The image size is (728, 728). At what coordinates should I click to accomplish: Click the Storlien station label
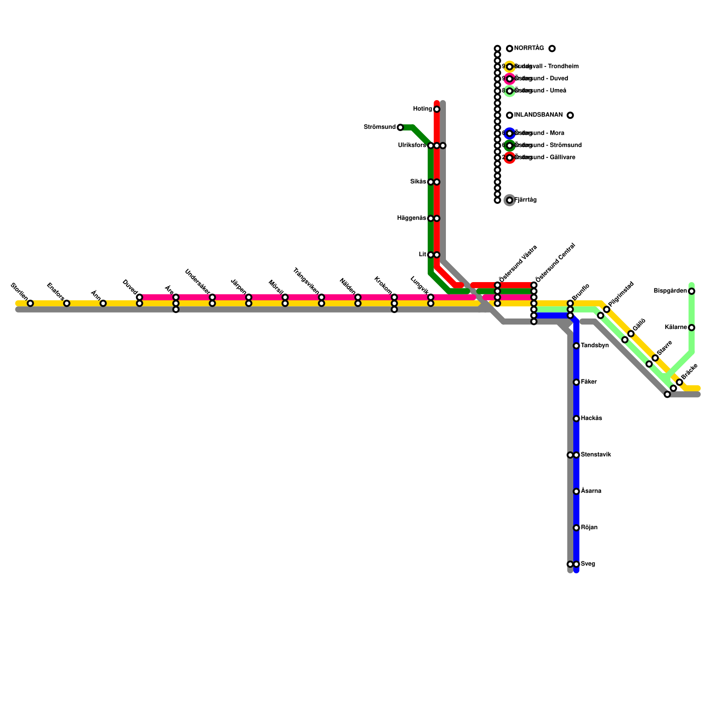[x=19, y=289]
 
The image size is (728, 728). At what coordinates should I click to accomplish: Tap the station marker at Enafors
[x=66, y=303]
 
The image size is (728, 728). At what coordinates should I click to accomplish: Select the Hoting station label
[x=422, y=109]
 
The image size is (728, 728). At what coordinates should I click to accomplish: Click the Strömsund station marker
[x=400, y=127]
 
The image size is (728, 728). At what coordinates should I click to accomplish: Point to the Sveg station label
[x=588, y=564]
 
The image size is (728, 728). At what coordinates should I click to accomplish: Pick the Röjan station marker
[x=576, y=528]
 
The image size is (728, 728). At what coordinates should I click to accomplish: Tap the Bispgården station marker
[x=692, y=291]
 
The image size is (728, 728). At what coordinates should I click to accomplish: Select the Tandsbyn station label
[x=595, y=346]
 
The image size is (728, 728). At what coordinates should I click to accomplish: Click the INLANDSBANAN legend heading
[x=538, y=115]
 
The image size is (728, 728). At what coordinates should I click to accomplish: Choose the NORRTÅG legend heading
[x=529, y=48]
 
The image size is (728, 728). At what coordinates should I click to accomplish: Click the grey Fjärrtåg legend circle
[x=510, y=200]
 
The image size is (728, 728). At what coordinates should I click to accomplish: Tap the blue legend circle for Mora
[x=510, y=133]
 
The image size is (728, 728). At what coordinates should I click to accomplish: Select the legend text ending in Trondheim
[x=546, y=66]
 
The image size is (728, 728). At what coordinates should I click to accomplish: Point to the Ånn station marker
[x=103, y=303]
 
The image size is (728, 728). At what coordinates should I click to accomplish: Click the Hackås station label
[x=591, y=419]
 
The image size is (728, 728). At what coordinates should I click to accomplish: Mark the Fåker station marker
[x=576, y=382]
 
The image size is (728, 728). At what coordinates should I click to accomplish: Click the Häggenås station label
[x=411, y=218]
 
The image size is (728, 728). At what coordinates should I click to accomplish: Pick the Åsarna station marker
[x=576, y=491]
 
